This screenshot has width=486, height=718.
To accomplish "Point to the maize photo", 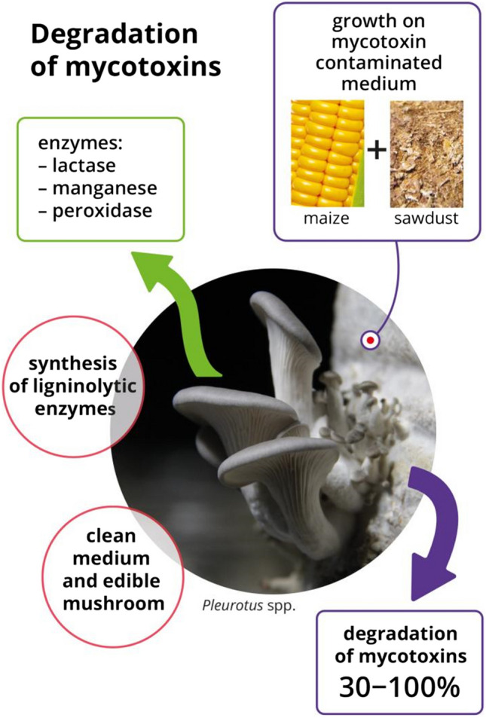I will [x=328, y=154].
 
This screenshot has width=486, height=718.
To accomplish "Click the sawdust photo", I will [x=426, y=154].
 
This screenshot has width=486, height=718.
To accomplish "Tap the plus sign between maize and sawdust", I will [x=377, y=151].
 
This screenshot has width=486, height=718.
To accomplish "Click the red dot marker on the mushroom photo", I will [x=370, y=341].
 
